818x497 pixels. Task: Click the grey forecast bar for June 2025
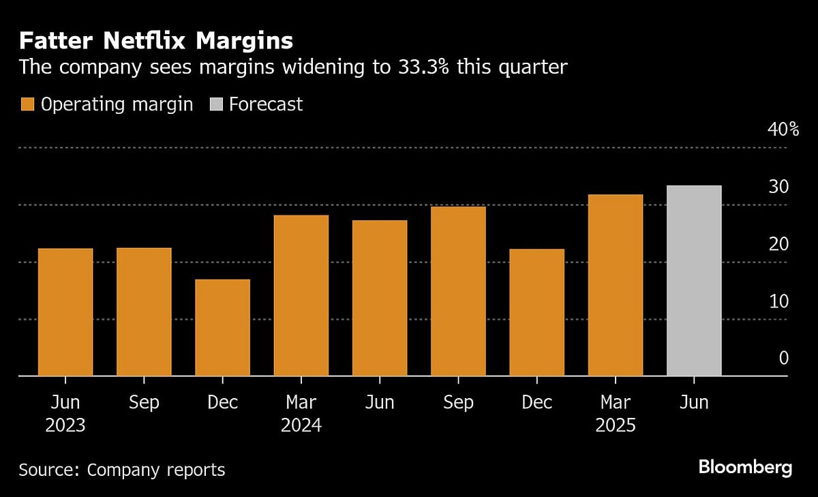[x=694, y=281]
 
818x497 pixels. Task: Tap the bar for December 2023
[x=222, y=327]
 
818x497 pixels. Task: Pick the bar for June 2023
[x=65, y=312]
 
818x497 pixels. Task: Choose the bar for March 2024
[x=301, y=295]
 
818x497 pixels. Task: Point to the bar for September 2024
[x=458, y=291]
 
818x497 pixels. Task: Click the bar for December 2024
[x=536, y=312]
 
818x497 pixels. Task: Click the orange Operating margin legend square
[x=27, y=104]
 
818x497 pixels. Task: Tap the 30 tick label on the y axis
[x=779, y=186]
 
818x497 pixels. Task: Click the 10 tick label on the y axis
[x=779, y=301]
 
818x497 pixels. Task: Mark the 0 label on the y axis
[x=783, y=358]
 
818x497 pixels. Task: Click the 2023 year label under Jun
[x=65, y=426]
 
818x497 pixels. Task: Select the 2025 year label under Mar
[x=616, y=426]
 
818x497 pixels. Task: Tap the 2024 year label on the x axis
[x=301, y=426]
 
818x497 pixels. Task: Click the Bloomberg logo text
[x=745, y=468]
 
